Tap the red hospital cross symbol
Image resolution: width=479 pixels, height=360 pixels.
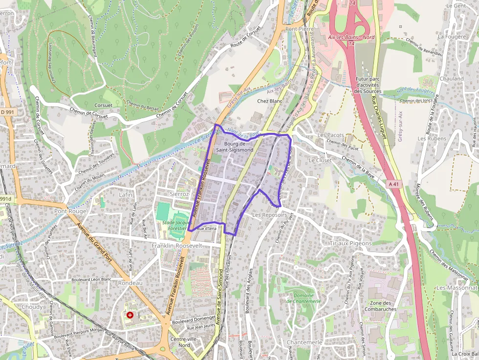(130, 315)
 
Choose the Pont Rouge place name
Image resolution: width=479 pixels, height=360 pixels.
(70, 212)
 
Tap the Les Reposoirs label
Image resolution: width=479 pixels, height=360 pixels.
(269, 215)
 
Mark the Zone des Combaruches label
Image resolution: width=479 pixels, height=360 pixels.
(381, 306)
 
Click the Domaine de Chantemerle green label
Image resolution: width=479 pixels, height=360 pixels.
(304, 298)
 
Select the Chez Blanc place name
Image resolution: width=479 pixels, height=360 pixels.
(270, 101)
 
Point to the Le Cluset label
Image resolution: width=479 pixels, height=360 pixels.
(320, 160)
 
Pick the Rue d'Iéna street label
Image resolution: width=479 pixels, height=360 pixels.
(207, 228)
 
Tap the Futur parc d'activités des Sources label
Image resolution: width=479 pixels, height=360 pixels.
(368, 85)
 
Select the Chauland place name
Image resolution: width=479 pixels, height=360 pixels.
(452, 79)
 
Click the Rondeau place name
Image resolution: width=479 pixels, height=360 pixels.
(130, 283)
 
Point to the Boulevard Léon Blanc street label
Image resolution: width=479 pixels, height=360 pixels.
(92, 279)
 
